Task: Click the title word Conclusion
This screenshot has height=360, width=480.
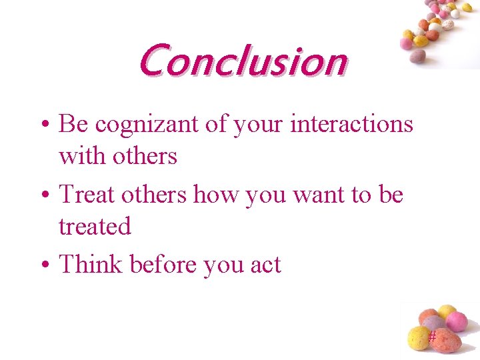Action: click(x=243, y=60)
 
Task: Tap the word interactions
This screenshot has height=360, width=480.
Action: click(x=351, y=124)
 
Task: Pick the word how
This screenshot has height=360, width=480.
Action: click(x=217, y=195)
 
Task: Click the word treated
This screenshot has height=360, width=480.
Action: click(x=95, y=227)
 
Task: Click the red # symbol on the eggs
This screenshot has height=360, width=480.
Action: click(x=432, y=337)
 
